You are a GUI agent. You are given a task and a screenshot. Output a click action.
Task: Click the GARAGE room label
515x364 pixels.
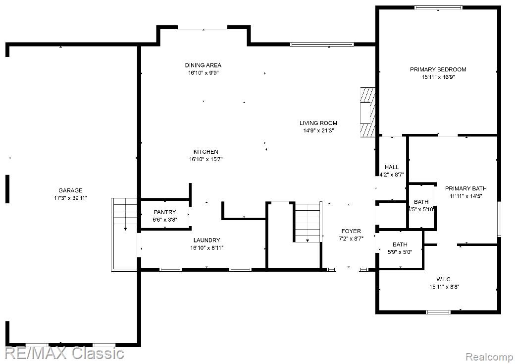70,190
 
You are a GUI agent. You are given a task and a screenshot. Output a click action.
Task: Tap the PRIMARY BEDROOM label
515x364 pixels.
438,69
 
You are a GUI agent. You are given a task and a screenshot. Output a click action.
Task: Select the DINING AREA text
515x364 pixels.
203,65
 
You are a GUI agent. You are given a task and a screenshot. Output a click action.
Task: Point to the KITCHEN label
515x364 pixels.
206,152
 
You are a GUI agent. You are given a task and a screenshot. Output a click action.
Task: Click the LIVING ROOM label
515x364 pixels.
318,123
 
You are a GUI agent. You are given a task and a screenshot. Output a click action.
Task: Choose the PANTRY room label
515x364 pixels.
164,212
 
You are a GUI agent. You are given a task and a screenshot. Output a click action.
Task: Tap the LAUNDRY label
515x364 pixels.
206,240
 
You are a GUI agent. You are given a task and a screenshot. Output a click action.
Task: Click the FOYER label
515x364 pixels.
351,231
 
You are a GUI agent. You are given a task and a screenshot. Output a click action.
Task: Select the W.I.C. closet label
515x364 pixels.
444,279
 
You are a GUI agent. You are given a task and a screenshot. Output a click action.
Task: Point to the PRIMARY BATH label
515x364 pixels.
465,188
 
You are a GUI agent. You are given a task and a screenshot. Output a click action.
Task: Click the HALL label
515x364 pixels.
391,167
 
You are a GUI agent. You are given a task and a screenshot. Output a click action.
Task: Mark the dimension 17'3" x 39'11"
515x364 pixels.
70,198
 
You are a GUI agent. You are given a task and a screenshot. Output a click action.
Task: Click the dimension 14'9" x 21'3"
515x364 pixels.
318,131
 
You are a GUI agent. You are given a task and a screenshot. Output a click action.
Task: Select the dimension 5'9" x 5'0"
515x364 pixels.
400,251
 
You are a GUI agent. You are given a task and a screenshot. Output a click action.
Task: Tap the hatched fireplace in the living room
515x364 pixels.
367,112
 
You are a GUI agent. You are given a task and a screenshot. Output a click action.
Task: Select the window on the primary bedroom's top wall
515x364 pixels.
438,7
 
